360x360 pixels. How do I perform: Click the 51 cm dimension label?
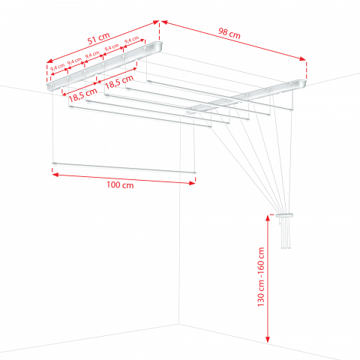99,38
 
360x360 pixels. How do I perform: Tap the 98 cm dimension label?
229,33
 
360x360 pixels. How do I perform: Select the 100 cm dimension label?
120,185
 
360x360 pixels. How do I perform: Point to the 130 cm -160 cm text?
261,277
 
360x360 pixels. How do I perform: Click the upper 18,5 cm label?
119,82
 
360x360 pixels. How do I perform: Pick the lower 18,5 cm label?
82,94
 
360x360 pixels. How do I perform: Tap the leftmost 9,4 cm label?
58,67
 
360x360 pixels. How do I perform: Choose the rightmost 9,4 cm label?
131,40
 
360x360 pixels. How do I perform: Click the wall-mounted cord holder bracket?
284,215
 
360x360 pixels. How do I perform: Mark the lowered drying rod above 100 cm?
124,168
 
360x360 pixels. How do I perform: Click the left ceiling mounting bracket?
104,66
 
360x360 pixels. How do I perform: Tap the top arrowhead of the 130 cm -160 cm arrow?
268,218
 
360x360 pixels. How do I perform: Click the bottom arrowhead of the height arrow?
268,339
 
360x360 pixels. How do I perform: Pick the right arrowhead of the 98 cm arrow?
303,58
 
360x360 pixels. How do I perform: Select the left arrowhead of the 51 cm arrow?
49,61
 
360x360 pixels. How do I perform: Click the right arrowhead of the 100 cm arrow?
192,183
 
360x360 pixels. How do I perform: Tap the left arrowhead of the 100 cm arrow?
55,175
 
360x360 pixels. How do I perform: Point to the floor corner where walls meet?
178,324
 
